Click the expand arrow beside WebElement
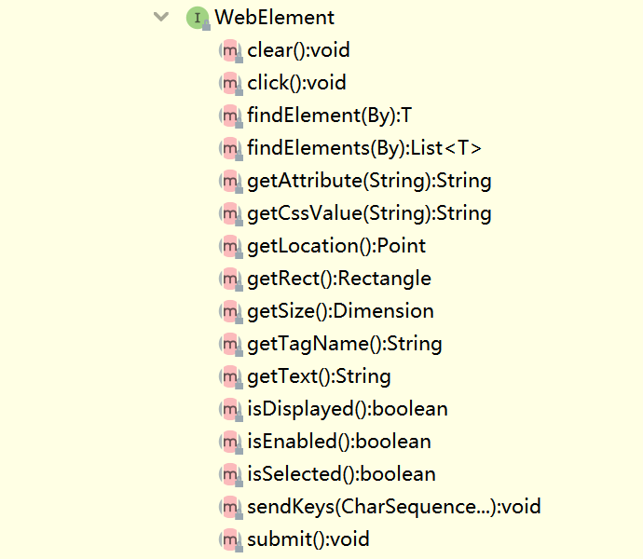click(162, 17)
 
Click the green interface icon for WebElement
click(197, 17)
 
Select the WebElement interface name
click(274, 17)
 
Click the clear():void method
click(298, 50)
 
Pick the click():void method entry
click(296, 83)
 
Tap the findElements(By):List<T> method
click(363, 148)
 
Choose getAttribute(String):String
click(369, 181)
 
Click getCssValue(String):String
click(369, 213)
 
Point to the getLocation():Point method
click(336, 246)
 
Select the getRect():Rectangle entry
click(339, 279)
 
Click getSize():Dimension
click(340, 311)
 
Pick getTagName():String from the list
click(344, 344)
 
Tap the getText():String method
click(319, 376)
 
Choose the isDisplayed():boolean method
click(347, 409)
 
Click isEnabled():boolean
click(339, 442)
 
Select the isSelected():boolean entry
click(341, 474)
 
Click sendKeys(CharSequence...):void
click(393, 507)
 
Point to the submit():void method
click(308, 539)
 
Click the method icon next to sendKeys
click(229, 507)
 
